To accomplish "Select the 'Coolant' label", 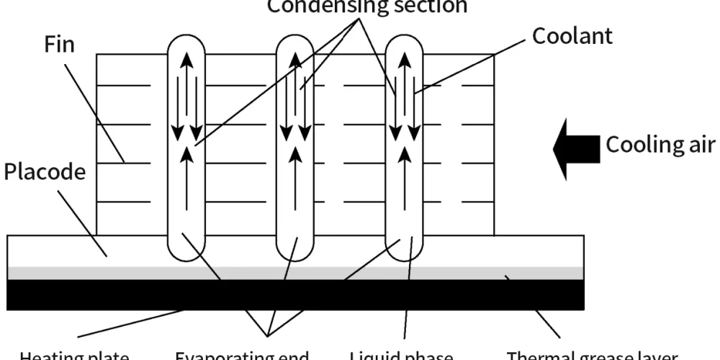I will point(572,36).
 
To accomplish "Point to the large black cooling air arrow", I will point(576,148).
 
